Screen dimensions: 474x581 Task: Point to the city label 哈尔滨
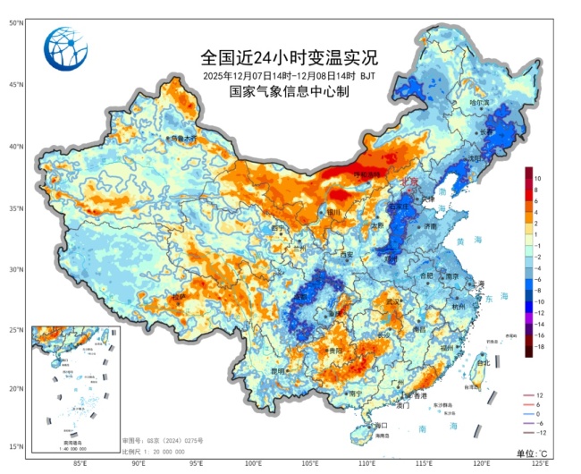click(481, 103)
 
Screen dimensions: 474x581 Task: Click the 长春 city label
click(487, 131)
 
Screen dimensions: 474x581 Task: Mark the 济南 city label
click(431, 226)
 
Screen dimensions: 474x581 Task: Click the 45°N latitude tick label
click(15, 85)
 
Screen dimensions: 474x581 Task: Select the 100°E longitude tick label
click(254, 463)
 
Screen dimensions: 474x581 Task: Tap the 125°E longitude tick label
click(540, 463)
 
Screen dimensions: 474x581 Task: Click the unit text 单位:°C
click(535, 454)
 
